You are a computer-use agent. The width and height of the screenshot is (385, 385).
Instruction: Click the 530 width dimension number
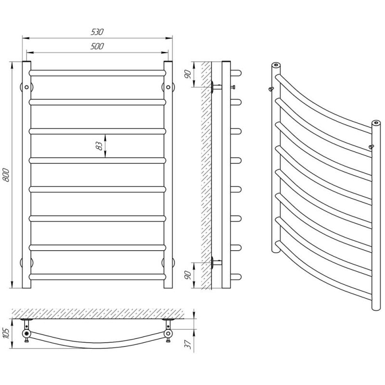pyautogui.click(x=97, y=32)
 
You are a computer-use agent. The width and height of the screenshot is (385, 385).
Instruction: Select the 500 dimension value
pyautogui.click(x=97, y=46)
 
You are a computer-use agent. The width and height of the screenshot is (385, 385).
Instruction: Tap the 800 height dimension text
pyautogui.click(x=6, y=175)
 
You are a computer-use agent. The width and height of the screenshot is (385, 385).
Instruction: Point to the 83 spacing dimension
pyautogui.click(x=99, y=146)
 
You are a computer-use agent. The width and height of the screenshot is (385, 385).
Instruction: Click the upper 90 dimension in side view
pyautogui.click(x=188, y=74)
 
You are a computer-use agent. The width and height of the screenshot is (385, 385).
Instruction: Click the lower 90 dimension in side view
pyautogui.click(x=188, y=275)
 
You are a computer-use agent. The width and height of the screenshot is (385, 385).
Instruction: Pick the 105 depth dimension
pyautogui.click(x=6, y=333)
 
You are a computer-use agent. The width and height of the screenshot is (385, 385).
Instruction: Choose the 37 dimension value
pyautogui.click(x=188, y=345)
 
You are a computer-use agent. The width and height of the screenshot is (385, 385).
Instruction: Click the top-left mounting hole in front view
pyautogui.click(x=26, y=87)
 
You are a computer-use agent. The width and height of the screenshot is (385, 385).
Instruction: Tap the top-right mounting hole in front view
pyautogui.click(x=168, y=87)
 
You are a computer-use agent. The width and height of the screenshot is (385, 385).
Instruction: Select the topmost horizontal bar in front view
pyautogui.click(x=97, y=73)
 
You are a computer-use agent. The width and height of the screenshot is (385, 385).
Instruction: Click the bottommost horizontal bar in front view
pyautogui.click(x=97, y=277)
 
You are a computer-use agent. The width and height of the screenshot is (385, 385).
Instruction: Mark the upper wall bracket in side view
pyautogui.click(x=216, y=87)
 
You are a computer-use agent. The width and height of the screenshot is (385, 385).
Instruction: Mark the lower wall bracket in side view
pyautogui.click(x=216, y=263)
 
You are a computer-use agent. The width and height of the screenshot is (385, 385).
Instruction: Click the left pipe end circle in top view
pyautogui.click(x=26, y=334)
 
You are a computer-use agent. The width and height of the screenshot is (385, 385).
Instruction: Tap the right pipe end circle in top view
pyautogui.click(x=168, y=334)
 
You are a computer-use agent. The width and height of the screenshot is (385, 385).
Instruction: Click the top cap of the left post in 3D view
pyautogui.click(x=276, y=65)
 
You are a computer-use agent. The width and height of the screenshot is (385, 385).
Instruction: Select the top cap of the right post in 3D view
pyautogui.click(x=376, y=123)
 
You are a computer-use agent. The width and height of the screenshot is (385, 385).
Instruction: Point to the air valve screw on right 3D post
pyautogui.click(x=372, y=147)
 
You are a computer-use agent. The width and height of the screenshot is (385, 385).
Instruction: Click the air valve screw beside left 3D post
pyautogui.click(x=271, y=89)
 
